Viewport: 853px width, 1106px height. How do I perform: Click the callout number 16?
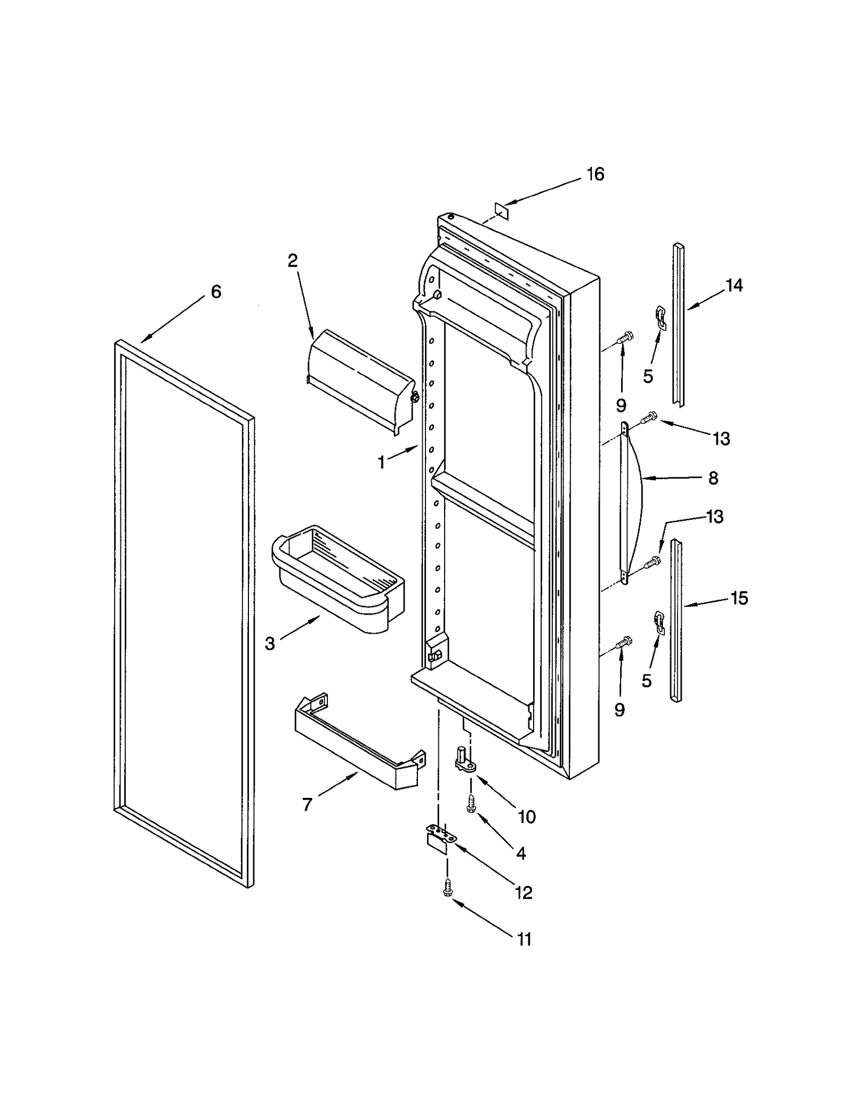click(595, 174)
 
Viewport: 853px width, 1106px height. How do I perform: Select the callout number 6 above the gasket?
click(216, 292)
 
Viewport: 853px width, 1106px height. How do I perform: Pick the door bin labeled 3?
click(337, 578)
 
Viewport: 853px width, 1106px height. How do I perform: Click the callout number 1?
click(381, 463)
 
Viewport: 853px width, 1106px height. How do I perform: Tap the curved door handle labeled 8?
click(633, 504)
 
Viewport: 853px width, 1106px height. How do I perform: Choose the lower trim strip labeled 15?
click(675, 620)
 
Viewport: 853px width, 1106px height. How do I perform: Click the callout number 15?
click(739, 598)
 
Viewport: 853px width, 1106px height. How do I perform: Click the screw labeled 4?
click(471, 804)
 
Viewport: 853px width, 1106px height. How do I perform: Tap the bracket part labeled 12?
click(442, 837)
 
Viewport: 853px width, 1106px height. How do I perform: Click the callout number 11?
click(525, 939)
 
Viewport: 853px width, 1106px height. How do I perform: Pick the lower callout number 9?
click(619, 709)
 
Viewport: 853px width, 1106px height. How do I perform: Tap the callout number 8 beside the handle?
click(713, 478)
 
